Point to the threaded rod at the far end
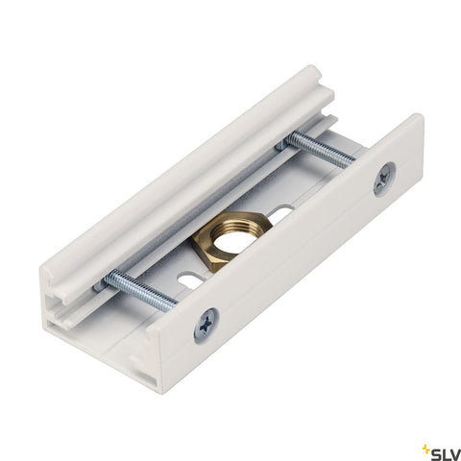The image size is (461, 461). (x=321, y=149)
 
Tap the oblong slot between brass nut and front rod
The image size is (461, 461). (x=190, y=280)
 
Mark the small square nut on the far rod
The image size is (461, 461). (x=285, y=143)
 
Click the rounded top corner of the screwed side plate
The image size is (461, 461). (x=413, y=119)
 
